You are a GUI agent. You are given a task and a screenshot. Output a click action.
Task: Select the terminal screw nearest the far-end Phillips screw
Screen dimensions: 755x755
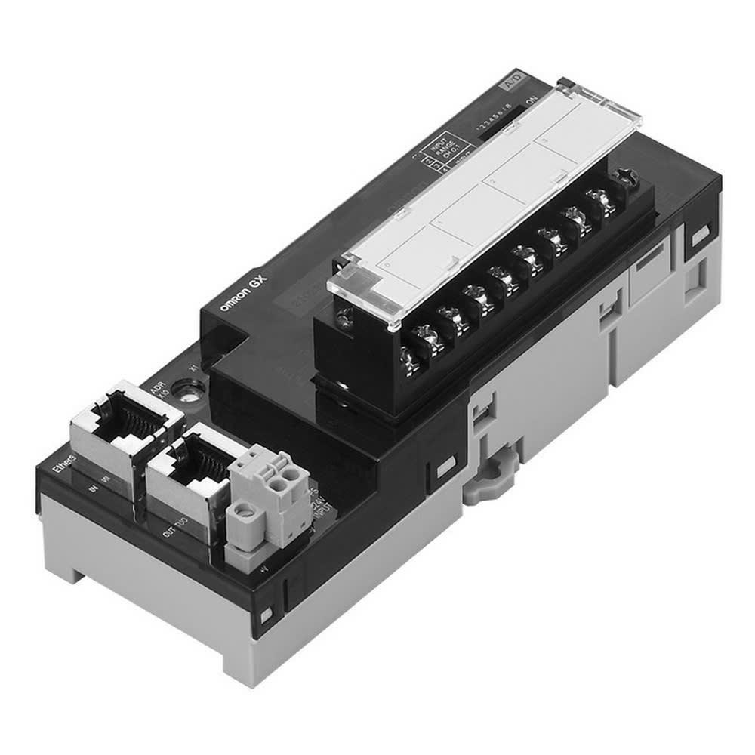pyautogui.click(x=601, y=203)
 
